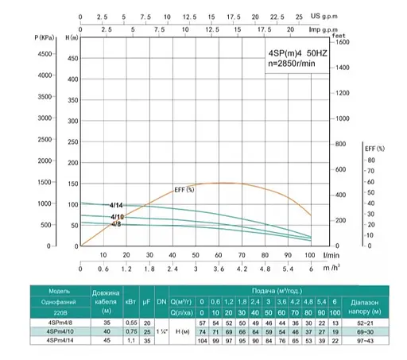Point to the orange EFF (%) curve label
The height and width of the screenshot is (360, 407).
[184, 189]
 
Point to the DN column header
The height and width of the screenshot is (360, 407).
[162, 303]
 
